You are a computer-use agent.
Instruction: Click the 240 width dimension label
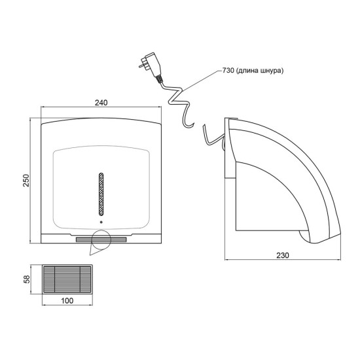(x=101, y=103)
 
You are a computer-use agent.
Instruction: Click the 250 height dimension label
(x=27, y=180)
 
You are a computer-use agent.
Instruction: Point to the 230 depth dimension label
(x=282, y=255)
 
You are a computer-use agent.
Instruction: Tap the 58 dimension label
(x=27, y=279)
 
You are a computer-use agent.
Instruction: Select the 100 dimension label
(x=67, y=300)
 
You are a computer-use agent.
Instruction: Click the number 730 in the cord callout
(x=228, y=70)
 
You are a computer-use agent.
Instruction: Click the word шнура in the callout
(x=271, y=71)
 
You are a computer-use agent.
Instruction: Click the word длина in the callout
(x=247, y=71)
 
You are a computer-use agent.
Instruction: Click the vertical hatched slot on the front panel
(x=101, y=194)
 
